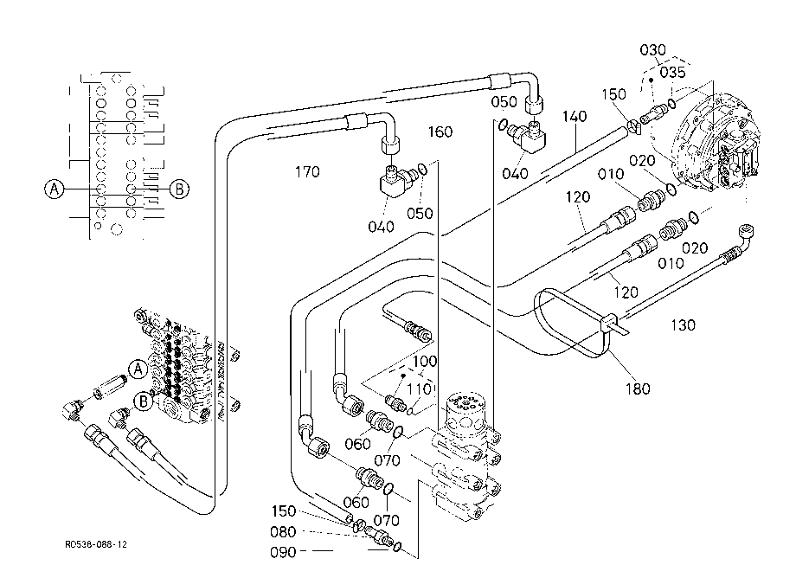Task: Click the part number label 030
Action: (652, 50)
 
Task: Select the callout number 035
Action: (672, 73)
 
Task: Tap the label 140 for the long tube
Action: (575, 117)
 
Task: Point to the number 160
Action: (440, 132)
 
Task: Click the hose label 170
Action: (308, 172)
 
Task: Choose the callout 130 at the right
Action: (683, 325)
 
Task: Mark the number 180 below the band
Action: (638, 389)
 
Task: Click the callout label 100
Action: (425, 362)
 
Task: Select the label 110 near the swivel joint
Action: (420, 389)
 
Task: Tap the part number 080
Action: (283, 532)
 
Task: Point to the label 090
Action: (283, 553)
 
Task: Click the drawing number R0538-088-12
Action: (96, 544)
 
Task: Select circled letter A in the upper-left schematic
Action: (55, 189)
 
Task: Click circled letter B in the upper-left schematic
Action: (179, 189)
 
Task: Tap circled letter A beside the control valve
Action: (138, 369)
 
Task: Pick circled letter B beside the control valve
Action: (144, 401)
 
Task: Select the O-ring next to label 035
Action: (672, 103)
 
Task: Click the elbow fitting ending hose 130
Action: (744, 235)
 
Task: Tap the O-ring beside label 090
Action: (397, 547)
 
